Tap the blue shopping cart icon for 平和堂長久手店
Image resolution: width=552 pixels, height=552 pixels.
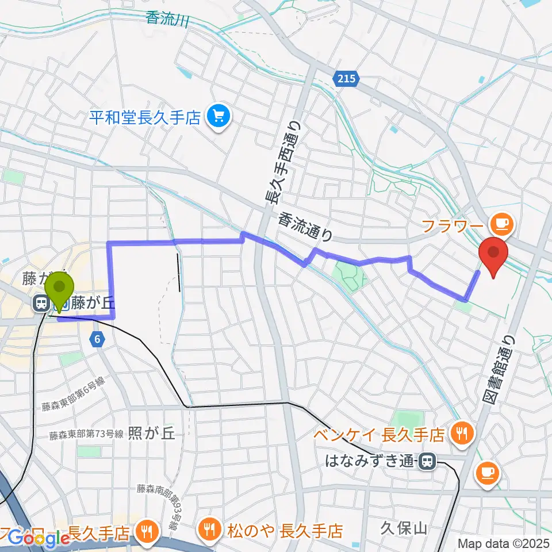tap(218, 117)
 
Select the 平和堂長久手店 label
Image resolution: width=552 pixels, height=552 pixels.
tap(145, 118)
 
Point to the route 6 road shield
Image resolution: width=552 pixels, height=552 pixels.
tap(98, 340)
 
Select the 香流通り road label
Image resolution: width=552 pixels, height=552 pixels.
tap(305, 227)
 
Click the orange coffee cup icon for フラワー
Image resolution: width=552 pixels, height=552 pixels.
tap(499, 222)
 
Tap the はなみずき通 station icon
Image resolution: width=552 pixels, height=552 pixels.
tap(427, 461)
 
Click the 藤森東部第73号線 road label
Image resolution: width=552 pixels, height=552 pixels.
tap(86, 435)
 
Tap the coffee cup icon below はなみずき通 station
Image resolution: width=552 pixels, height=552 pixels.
tap(488, 473)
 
